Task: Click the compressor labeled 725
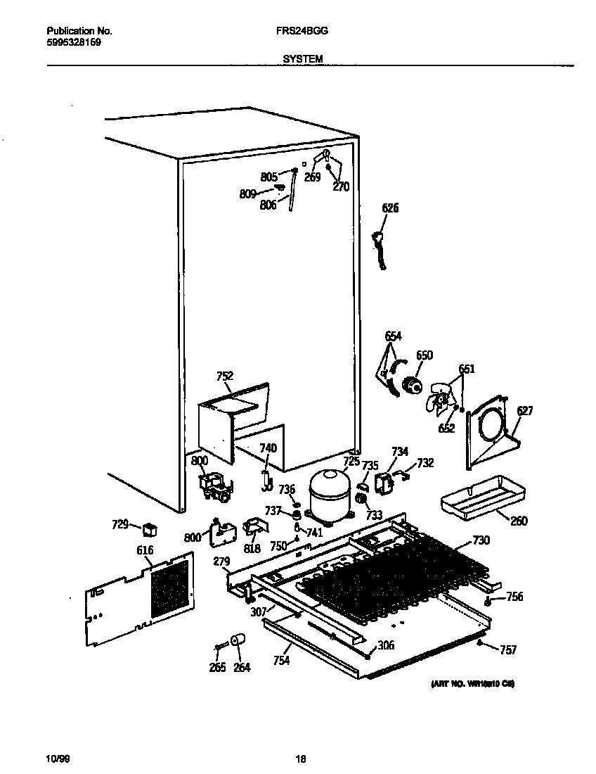coord(329,493)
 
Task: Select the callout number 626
coord(390,208)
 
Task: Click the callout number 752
coord(225,376)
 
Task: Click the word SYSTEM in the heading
coord(303,60)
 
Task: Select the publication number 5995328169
coord(74,42)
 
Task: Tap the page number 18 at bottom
coord(300,759)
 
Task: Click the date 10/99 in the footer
coord(57,759)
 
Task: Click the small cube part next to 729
coord(149,528)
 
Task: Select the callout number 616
coord(145,550)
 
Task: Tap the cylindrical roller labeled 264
coord(238,640)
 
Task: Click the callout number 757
coord(508,649)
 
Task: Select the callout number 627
coord(524,411)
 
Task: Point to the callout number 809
coord(247,193)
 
